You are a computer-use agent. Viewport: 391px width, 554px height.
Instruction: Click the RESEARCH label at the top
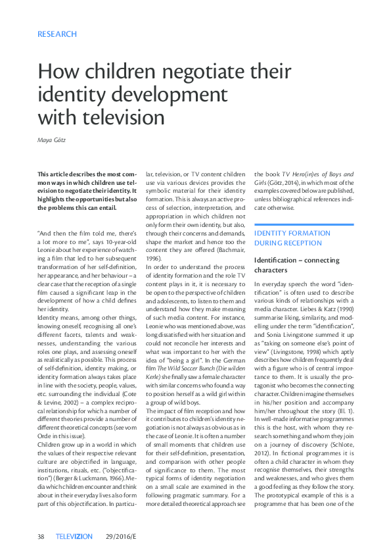click(57, 34)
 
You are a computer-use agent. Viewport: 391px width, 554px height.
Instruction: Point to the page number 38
click(41, 536)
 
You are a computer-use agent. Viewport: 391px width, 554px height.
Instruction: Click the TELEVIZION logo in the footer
click(74, 536)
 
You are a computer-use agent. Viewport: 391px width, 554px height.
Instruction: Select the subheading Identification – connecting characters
click(294, 265)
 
